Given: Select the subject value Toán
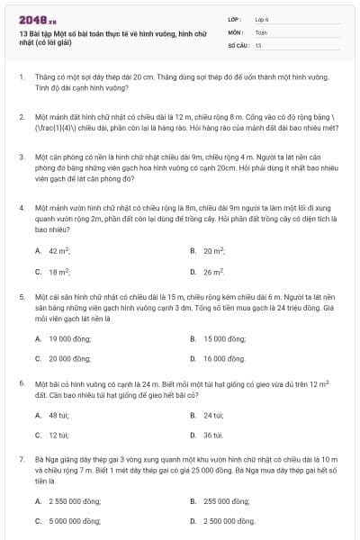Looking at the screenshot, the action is [262, 31].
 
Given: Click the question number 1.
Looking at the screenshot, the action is [21, 78].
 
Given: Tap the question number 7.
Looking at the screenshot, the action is [21, 459].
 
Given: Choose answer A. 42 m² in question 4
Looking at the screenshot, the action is [59, 251].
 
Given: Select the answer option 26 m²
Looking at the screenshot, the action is [214, 271].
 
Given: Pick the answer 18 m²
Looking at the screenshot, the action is [59, 271].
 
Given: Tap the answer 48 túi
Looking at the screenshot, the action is [58, 416].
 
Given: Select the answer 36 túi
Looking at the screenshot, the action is [212, 436].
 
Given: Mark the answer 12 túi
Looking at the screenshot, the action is [58, 436].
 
